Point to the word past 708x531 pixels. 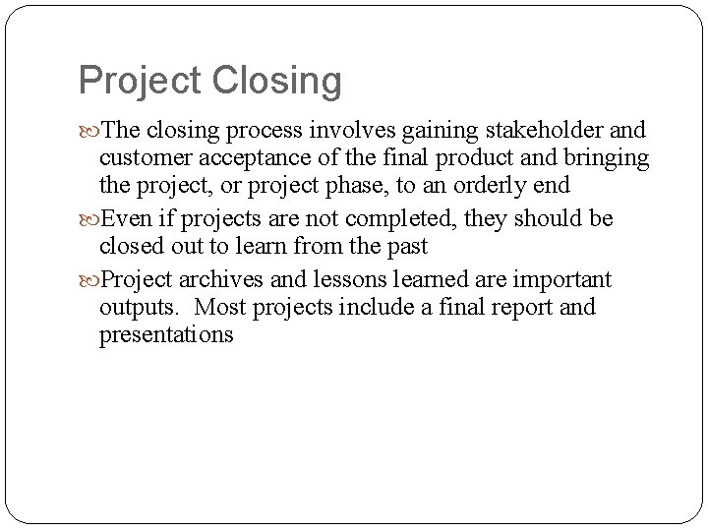point(407,248)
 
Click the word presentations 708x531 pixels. point(166,334)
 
